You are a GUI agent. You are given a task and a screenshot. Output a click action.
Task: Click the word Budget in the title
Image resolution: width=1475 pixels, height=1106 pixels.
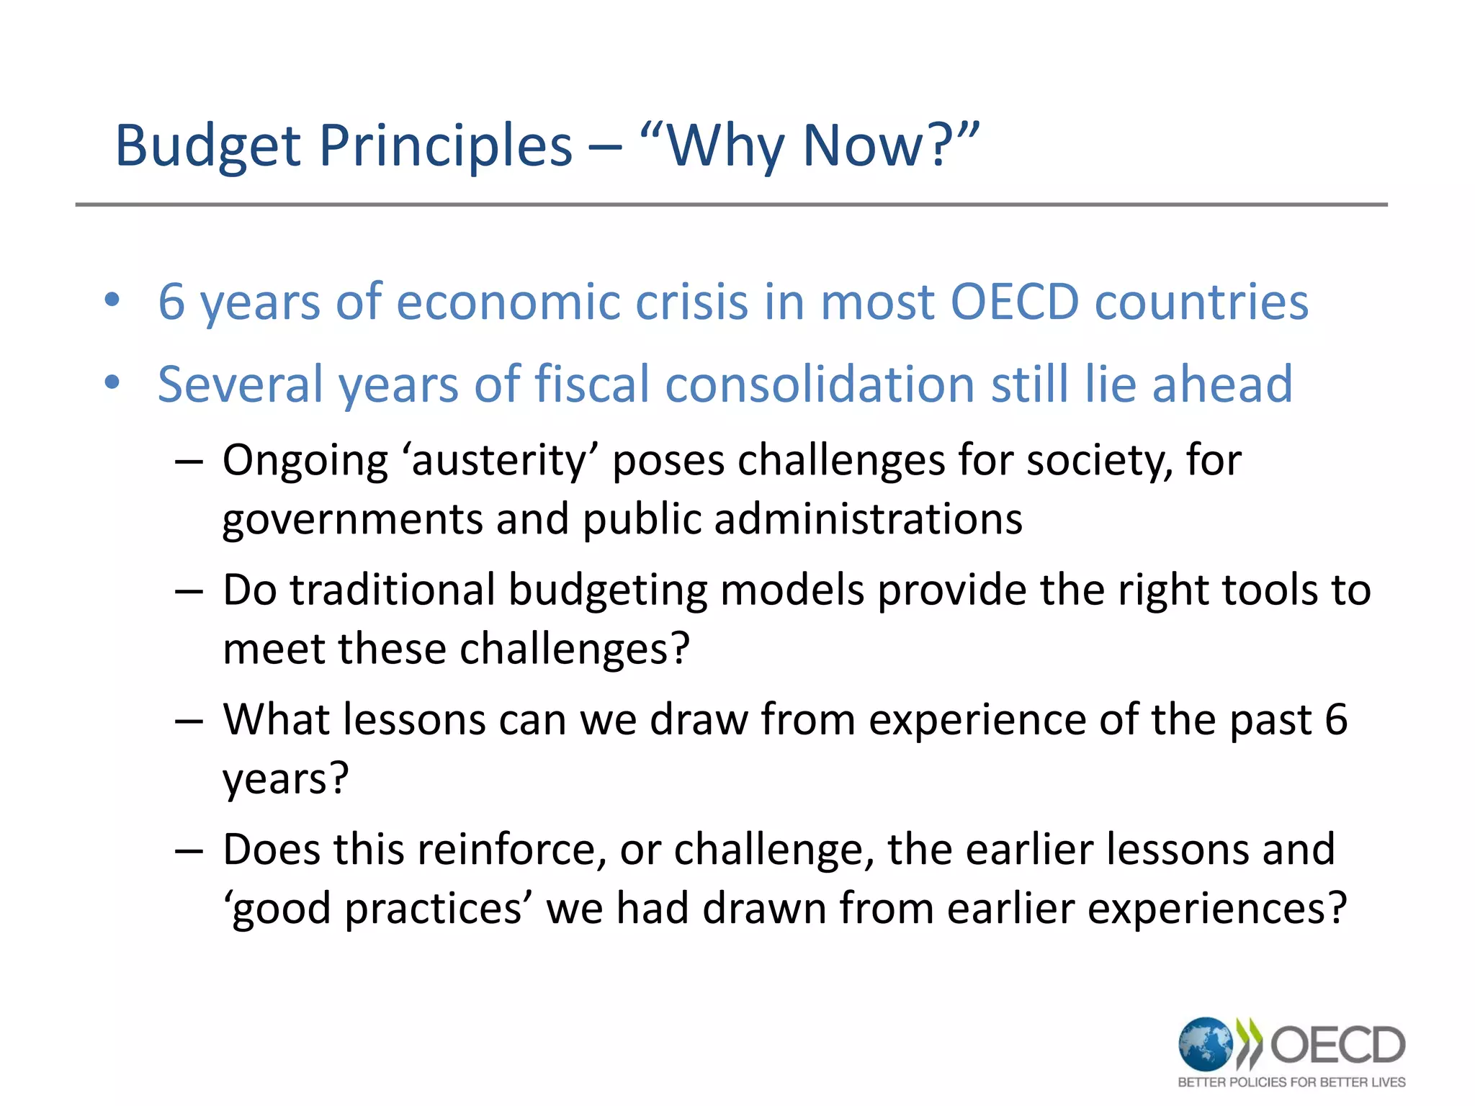pos(207,146)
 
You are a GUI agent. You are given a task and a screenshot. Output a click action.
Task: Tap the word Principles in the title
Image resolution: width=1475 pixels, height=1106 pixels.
pos(445,146)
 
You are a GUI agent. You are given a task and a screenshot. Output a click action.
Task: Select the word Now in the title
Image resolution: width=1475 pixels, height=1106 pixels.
pos(863,146)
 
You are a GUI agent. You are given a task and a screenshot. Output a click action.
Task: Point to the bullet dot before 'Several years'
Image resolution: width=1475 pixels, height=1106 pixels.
pos(112,383)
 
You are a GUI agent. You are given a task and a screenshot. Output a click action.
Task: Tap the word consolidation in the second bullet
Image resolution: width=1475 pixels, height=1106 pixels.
pos(820,384)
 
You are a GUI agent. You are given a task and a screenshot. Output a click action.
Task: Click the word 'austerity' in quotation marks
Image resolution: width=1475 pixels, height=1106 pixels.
pos(500,461)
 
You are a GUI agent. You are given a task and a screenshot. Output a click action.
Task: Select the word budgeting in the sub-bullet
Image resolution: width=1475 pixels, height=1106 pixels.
pos(607,590)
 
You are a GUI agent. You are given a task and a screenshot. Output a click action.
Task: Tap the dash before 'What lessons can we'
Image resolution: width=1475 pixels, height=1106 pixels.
pos(189,721)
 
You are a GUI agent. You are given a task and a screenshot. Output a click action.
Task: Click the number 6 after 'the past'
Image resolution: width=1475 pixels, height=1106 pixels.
pos(1336,720)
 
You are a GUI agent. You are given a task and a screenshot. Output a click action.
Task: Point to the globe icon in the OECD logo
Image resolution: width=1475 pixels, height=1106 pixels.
pos(1205,1043)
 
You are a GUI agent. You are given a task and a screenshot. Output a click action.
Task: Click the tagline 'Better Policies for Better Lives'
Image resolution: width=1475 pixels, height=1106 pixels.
pos(1291,1082)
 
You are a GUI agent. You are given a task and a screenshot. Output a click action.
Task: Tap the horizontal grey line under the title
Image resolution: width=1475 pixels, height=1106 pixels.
pos(731,205)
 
